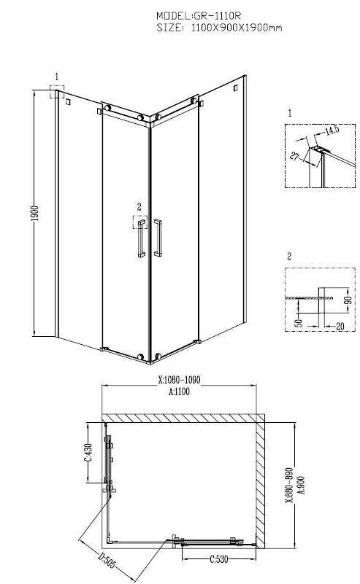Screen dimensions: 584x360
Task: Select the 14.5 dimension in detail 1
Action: coord(332,131)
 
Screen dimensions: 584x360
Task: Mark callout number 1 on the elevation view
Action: coord(56,76)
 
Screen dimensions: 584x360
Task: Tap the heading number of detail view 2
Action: coord(290,256)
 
